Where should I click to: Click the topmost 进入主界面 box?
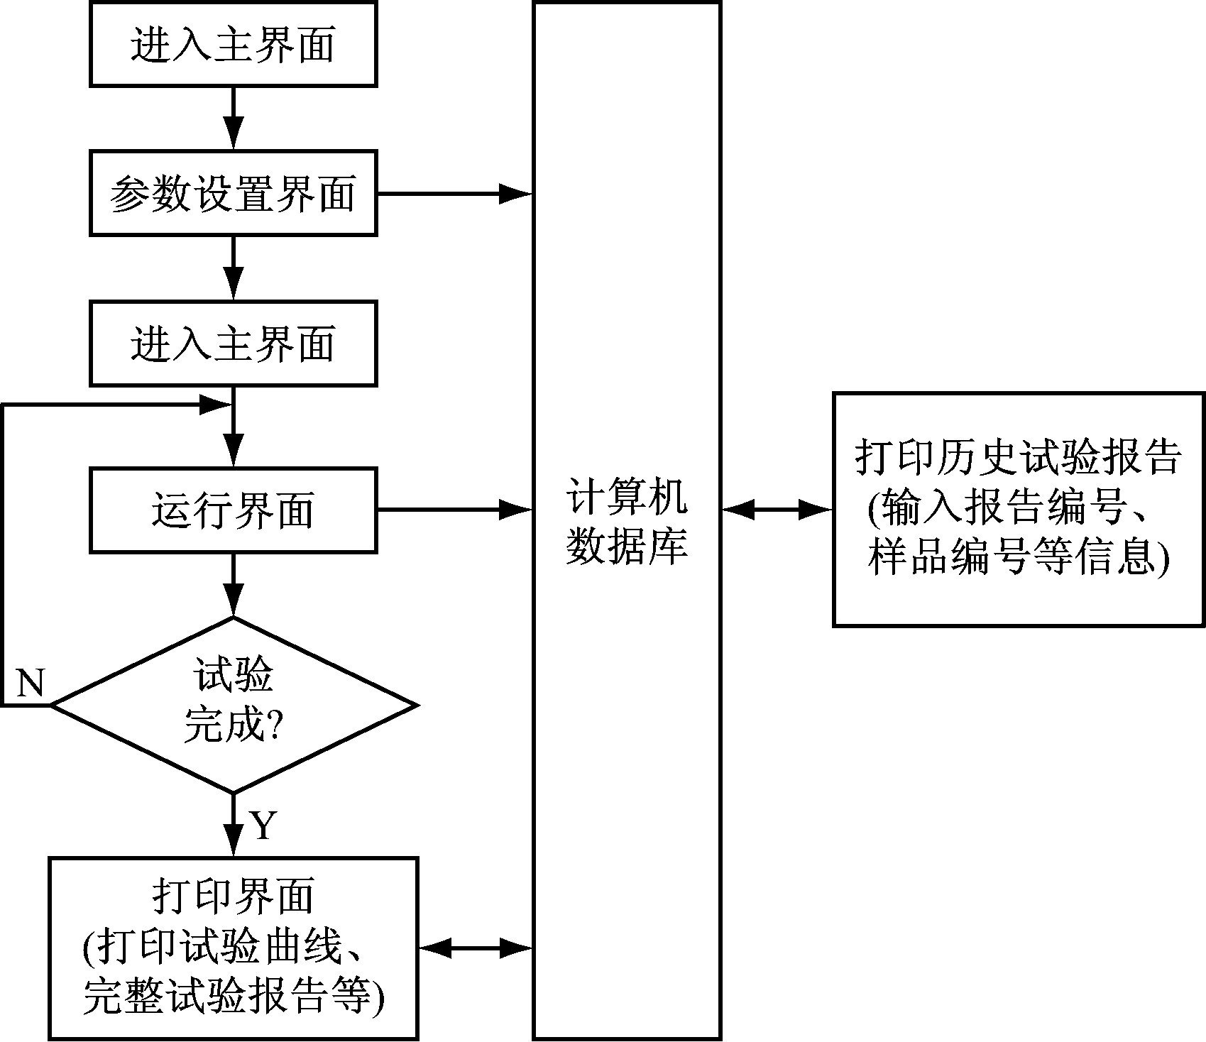point(233,44)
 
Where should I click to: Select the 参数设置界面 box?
point(233,193)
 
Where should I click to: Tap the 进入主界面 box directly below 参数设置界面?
point(233,344)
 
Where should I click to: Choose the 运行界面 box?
point(233,510)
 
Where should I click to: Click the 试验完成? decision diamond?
point(233,705)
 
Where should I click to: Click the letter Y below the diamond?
point(263,826)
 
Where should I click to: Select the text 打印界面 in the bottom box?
point(233,896)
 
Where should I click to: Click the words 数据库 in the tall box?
point(627,547)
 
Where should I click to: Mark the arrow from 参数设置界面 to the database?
point(454,193)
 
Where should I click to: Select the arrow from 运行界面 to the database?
point(454,509)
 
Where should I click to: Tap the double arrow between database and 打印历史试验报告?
point(777,509)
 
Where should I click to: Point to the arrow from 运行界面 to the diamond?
point(233,585)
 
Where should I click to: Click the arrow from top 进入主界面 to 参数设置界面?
point(233,118)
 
